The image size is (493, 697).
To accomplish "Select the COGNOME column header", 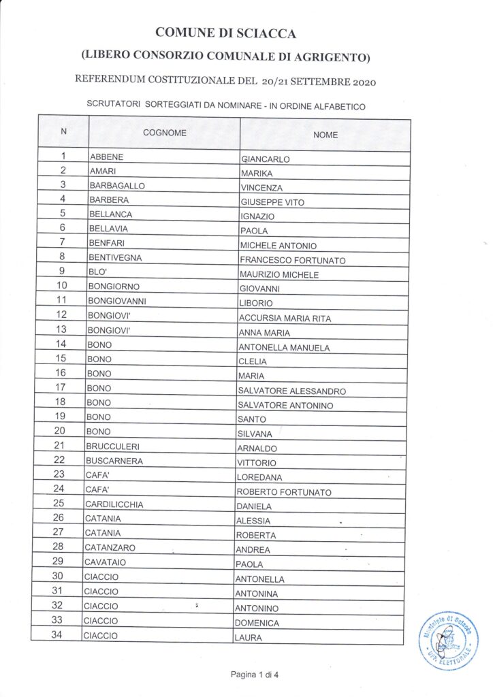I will (164, 133).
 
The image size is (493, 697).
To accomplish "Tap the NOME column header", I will (325, 135).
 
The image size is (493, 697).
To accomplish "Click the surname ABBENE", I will (106, 157).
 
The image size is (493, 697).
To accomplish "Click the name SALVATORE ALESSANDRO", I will (291, 391).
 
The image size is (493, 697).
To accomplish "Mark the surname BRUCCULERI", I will (112, 446).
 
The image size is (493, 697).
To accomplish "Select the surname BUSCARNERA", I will (112, 461).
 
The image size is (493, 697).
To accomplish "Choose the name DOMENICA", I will (257, 623).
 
